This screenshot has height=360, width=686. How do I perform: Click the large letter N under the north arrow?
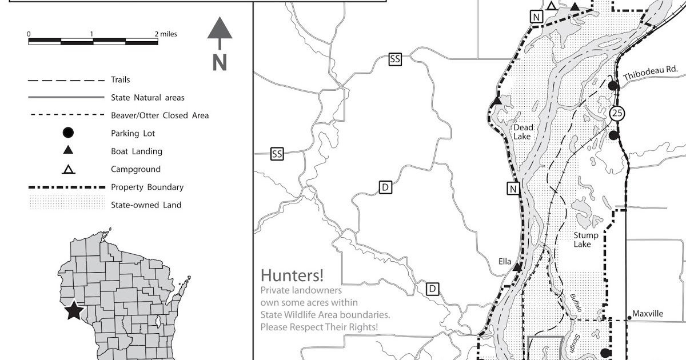pos(220,62)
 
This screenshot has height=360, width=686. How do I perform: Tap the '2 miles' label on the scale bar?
pos(166,34)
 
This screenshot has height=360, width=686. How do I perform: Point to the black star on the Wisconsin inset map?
pos(74,311)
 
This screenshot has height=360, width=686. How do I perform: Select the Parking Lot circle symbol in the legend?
pos(67,133)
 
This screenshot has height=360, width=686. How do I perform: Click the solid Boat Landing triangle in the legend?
pos(67,151)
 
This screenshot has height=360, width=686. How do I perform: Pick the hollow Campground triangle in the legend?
pos(67,169)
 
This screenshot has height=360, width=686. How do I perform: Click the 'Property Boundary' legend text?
pos(147,187)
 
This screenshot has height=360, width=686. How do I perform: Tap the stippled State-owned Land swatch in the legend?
pos(67,203)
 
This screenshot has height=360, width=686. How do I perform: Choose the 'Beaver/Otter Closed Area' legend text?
pos(159,115)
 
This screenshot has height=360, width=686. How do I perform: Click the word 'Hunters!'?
pos(292,275)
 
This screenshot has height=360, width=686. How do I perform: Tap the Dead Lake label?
pos(522,132)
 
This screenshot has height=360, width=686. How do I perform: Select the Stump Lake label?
pos(586,239)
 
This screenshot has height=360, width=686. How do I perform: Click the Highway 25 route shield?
pos(616,113)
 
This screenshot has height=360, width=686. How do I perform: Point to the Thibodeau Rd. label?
pos(650,73)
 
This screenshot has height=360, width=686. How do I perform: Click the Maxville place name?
pos(648,314)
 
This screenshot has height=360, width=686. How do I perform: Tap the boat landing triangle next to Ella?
pos(517,267)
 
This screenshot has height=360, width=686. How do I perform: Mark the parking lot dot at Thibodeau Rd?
pos(613,86)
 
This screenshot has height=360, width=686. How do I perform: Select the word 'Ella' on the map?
pos(505,262)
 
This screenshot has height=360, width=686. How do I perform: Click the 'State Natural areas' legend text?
pos(147,98)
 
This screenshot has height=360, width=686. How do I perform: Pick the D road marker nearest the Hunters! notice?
pos(433,289)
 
